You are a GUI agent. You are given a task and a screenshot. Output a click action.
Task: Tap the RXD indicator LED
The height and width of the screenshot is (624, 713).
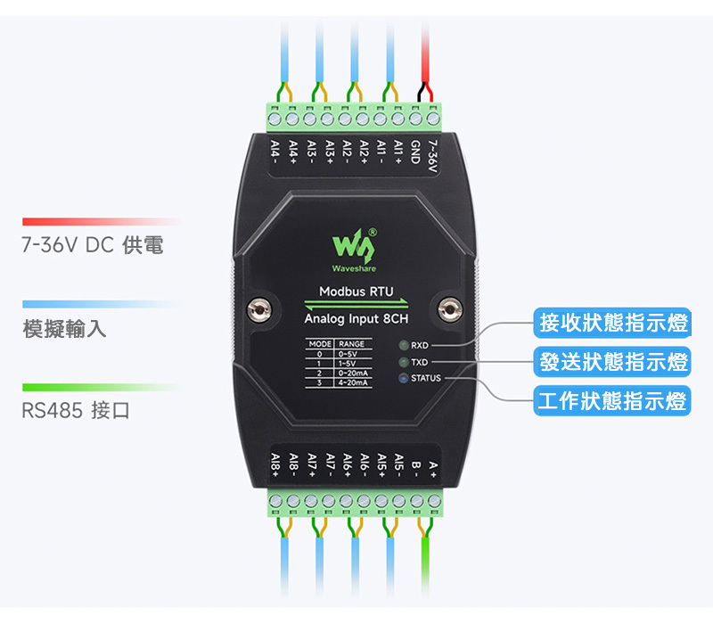(x=404, y=345)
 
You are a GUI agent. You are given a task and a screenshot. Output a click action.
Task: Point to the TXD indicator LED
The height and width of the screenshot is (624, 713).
(x=404, y=363)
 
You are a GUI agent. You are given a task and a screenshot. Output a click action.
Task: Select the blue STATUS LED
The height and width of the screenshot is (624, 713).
(x=404, y=379)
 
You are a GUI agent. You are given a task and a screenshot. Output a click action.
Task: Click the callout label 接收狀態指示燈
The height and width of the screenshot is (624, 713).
(x=613, y=323)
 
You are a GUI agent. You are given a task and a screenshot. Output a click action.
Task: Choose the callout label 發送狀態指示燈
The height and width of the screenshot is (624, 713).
(x=613, y=362)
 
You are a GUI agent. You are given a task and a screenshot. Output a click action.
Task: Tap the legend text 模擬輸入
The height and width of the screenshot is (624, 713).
(x=64, y=329)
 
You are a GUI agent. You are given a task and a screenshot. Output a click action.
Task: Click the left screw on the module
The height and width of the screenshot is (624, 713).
(x=259, y=309)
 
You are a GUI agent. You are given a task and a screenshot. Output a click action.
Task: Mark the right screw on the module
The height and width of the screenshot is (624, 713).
(x=452, y=309)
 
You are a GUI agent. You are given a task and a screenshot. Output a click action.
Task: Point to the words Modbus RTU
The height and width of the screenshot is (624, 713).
(x=356, y=291)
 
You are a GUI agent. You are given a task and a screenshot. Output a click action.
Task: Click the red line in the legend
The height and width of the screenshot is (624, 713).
(x=100, y=221)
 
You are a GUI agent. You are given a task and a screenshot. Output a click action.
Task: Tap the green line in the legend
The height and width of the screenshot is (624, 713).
(x=100, y=387)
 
